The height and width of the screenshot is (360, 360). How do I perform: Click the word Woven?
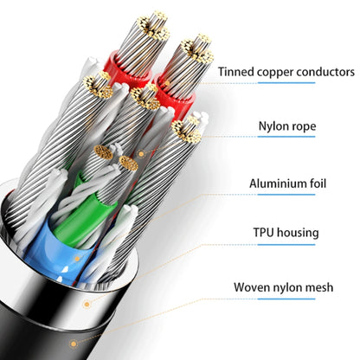pyautogui.click(x=252, y=286)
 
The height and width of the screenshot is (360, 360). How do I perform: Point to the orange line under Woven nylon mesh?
pyautogui.click(x=286, y=305)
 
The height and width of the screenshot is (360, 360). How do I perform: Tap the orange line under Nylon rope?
pyautogui.click(x=286, y=145)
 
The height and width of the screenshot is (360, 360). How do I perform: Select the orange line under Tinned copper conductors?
pyautogui.click(x=286, y=91)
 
